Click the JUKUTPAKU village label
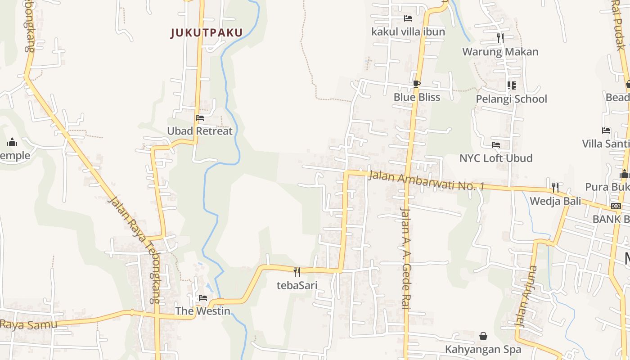pos(207,32)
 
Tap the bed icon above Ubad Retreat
pos(200,118)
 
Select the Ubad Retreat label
pos(200,131)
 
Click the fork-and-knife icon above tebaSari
pos(297,272)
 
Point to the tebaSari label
pos(297,285)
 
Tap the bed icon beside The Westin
pos(203,298)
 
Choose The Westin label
pos(202,311)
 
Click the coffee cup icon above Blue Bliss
pos(417,84)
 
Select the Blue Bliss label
pos(417,97)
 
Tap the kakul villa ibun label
pos(408,31)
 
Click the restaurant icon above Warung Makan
pos(500,38)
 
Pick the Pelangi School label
pos(511,99)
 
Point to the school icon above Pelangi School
pos(511,85)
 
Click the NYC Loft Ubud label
pos(495,158)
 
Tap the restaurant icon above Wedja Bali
pos(555,187)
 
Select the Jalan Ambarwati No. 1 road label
pos(426,180)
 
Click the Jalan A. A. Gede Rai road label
pos(405,258)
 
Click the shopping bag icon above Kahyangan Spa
pos(483,336)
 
